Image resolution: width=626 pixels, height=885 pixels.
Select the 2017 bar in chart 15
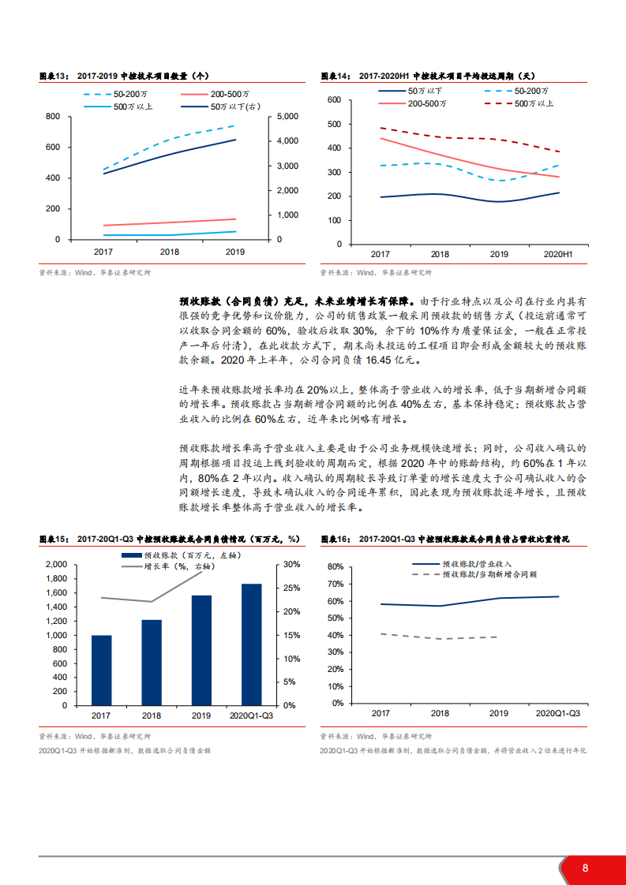tap(101, 670)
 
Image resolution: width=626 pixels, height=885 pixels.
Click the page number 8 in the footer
tap(585, 868)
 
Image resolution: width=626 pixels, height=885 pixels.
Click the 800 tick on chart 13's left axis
tap(53, 117)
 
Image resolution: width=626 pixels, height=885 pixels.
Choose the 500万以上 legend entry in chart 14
tap(534, 103)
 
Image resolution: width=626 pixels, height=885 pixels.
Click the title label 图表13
tap(55, 77)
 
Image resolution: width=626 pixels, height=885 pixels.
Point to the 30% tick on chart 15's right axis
tap(291, 565)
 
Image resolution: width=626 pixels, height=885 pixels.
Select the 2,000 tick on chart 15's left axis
tap(56, 565)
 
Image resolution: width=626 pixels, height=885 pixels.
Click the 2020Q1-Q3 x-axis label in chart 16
tap(557, 713)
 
